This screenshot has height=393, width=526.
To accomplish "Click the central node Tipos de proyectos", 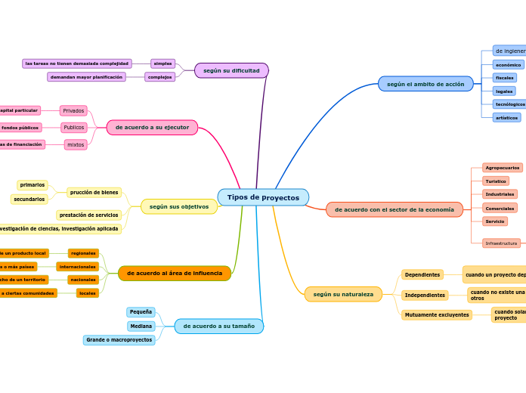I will coord(263,197).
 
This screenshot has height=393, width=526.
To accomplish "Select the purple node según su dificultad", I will coord(231,70).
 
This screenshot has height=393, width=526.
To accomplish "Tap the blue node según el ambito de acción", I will coord(425,84).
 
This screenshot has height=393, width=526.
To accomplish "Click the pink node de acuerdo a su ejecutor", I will coord(152,128).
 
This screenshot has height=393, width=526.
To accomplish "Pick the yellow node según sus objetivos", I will coord(179,206).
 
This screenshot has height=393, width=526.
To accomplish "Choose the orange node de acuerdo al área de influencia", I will coord(175,273).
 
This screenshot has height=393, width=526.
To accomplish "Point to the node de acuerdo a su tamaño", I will coord(218,326).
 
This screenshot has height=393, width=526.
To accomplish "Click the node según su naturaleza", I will coord(343,294).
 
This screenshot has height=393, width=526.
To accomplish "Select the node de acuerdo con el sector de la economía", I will coord(394,209).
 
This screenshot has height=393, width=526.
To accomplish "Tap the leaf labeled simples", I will coord(162,63).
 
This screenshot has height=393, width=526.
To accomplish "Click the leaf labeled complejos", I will coord(159,77).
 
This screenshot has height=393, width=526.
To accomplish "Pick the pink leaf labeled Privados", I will coord(73,110).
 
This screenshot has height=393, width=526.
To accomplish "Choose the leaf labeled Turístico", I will coord(496,181).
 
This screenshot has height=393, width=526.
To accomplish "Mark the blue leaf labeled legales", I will coord(504,91).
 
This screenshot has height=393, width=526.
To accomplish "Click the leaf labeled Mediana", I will coord(141,326).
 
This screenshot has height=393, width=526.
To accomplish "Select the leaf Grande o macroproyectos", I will coord(119,340).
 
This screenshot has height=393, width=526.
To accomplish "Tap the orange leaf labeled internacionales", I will coord(77,267).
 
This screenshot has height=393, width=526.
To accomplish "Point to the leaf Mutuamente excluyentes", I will coord(437,315).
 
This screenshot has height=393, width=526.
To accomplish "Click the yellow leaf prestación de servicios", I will coord(88,215).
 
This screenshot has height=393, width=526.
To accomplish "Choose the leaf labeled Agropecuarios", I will coord(502,168).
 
